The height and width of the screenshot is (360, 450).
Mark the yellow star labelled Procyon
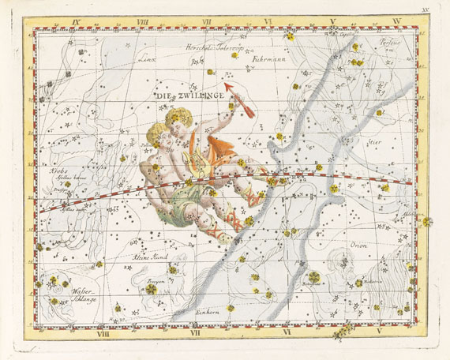150,289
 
